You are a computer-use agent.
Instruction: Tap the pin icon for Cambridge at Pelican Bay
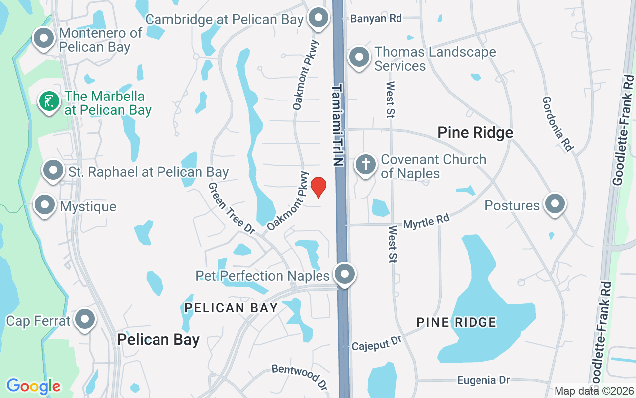pyautogui.click(x=318, y=18)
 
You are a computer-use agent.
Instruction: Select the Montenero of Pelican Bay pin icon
pyautogui.click(x=43, y=38)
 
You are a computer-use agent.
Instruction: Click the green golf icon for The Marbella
pyautogui.click(x=49, y=101)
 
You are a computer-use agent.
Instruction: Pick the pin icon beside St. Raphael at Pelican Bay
pyautogui.click(x=53, y=171)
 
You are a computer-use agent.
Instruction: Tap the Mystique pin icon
pyautogui.click(x=45, y=205)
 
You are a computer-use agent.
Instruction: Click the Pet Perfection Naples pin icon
pyautogui.click(x=344, y=274)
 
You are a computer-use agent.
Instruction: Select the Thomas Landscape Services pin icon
pyautogui.click(x=358, y=58)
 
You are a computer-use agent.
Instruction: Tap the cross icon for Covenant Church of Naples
pyautogui.click(x=365, y=165)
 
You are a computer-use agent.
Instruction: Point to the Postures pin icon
pyautogui.click(x=555, y=204)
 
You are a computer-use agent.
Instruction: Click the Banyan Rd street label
pyautogui.click(x=376, y=19)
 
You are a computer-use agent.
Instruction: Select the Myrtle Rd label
pyautogui.click(x=426, y=222)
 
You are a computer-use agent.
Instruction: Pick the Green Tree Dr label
pyautogui.click(x=231, y=207)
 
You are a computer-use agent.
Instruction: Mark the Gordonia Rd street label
pyautogui.click(x=557, y=123)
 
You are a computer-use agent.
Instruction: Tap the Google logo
pyautogui.click(x=33, y=386)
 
